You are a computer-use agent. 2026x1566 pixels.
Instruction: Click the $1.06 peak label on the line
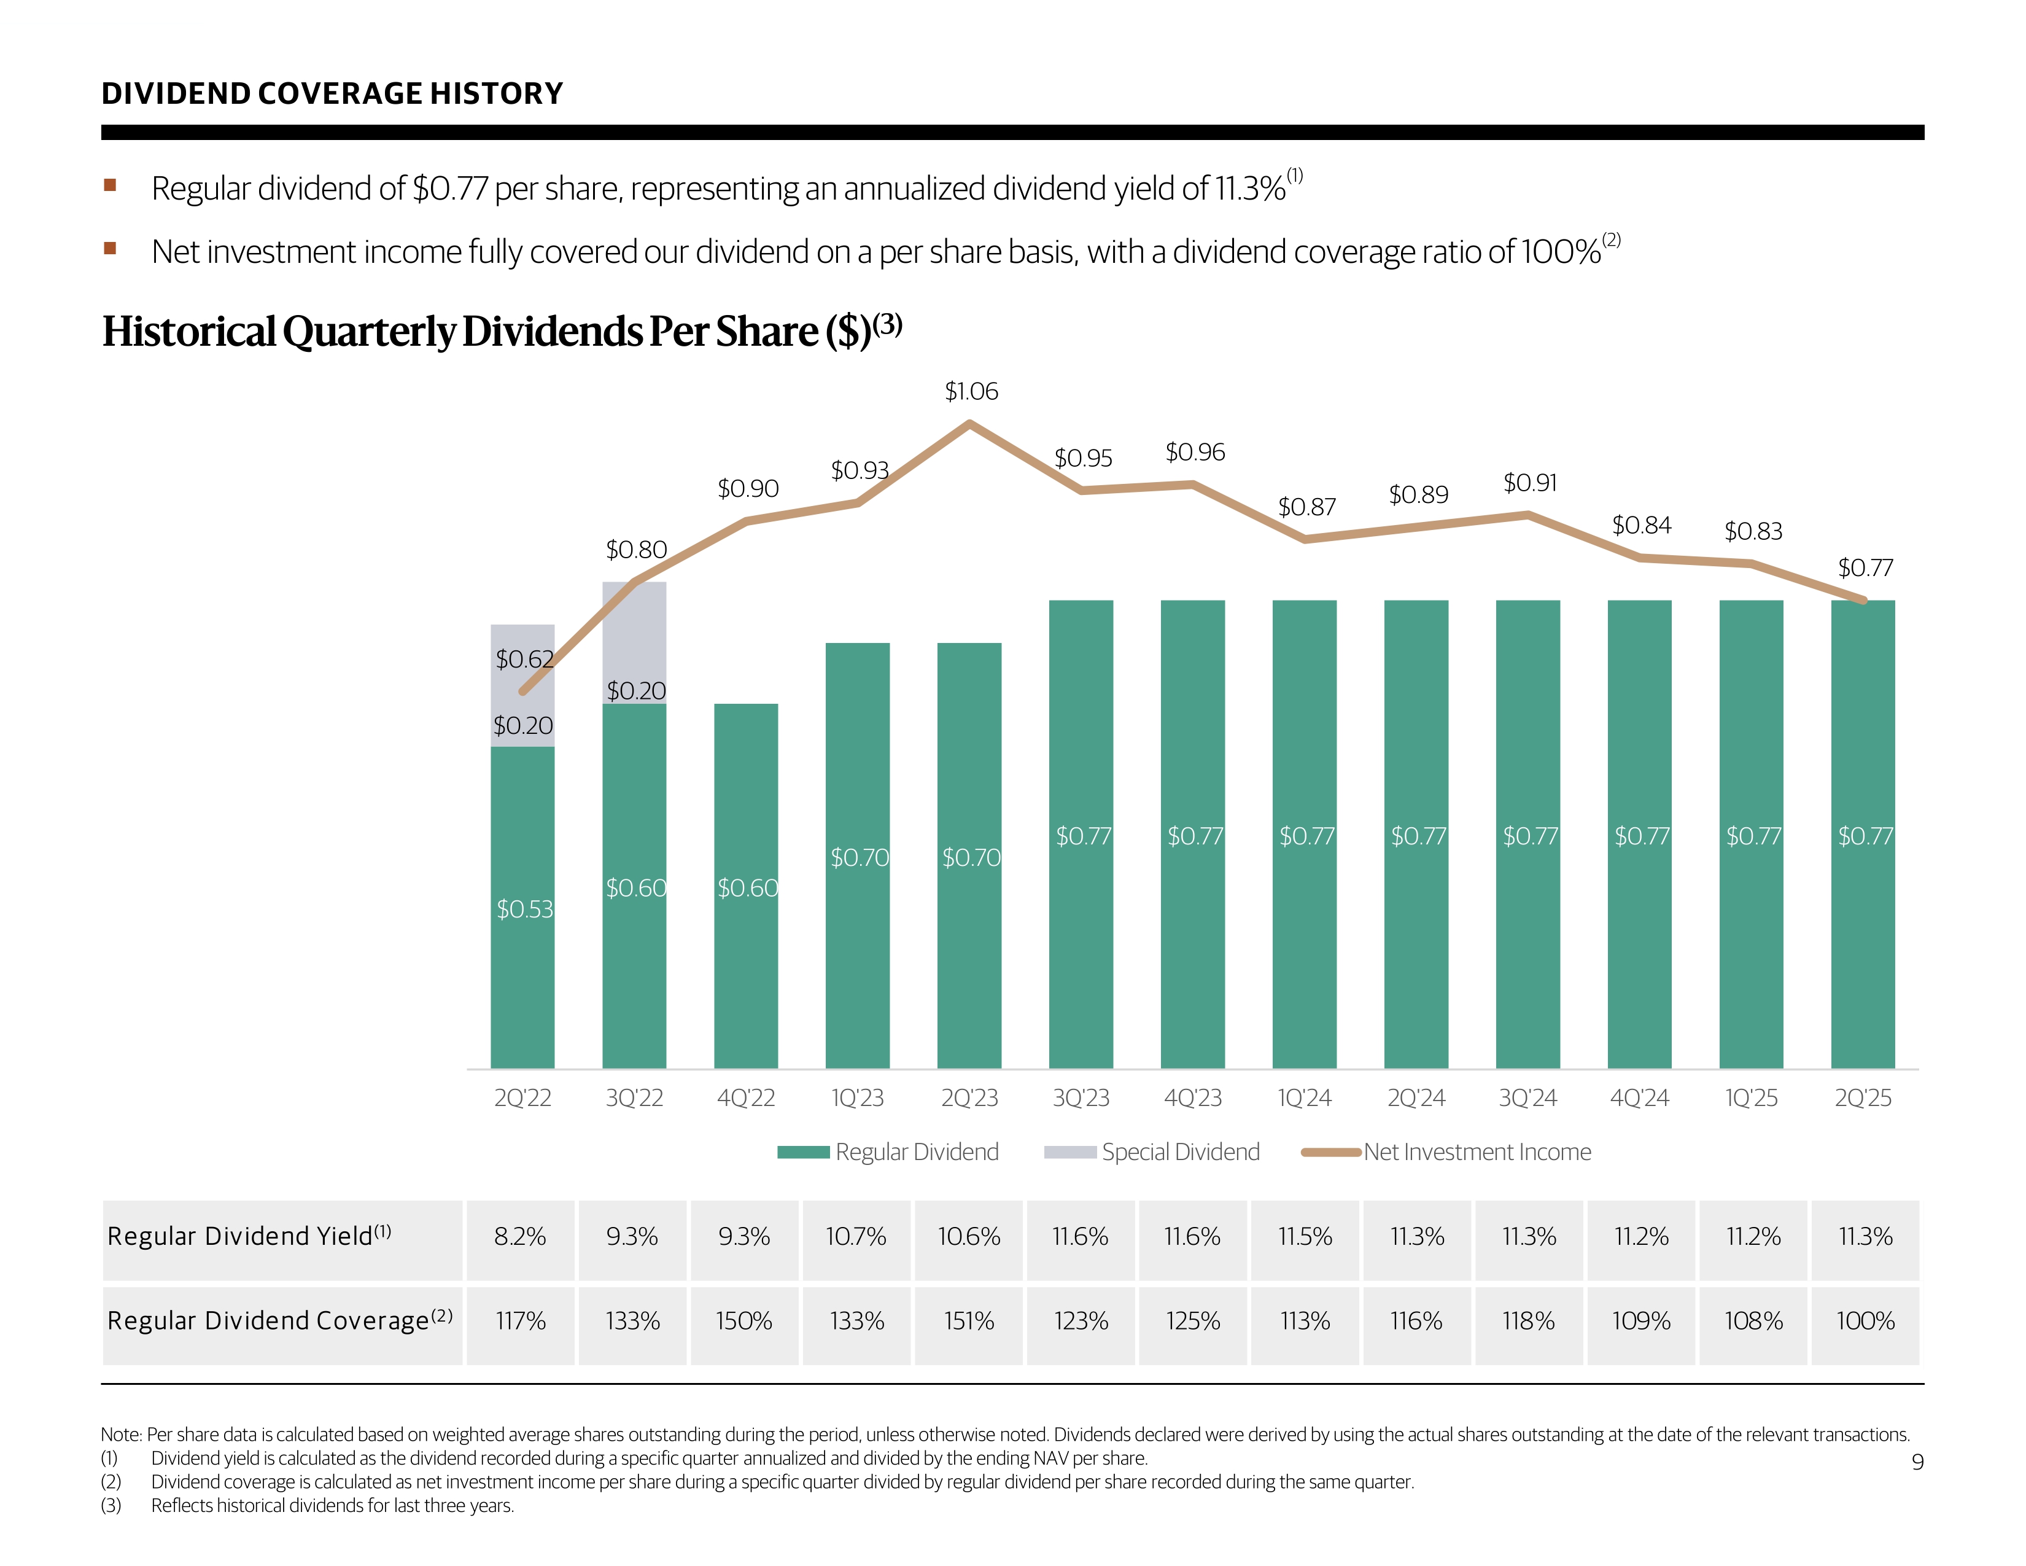(970, 392)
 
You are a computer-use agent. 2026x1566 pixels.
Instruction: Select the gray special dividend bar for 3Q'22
(634, 642)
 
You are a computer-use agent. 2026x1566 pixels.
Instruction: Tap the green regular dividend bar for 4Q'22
(746, 886)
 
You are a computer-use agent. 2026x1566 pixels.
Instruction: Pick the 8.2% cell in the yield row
(521, 1237)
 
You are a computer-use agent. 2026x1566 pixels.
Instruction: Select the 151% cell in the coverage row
(969, 1321)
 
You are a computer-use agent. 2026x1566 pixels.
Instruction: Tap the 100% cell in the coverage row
(1865, 1321)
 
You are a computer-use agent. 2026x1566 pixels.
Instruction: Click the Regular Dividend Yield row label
(249, 1237)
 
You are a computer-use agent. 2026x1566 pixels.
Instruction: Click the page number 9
(1917, 1463)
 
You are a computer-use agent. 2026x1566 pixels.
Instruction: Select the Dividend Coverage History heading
(332, 94)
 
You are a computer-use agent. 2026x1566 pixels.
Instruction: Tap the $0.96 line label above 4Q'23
(1195, 453)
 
